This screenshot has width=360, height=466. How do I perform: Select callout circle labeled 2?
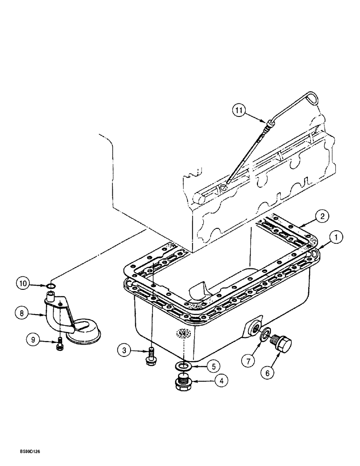pos(320,216)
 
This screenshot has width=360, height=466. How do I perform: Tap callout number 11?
pos(239,110)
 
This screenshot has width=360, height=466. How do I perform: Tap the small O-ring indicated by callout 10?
pos(52,286)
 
